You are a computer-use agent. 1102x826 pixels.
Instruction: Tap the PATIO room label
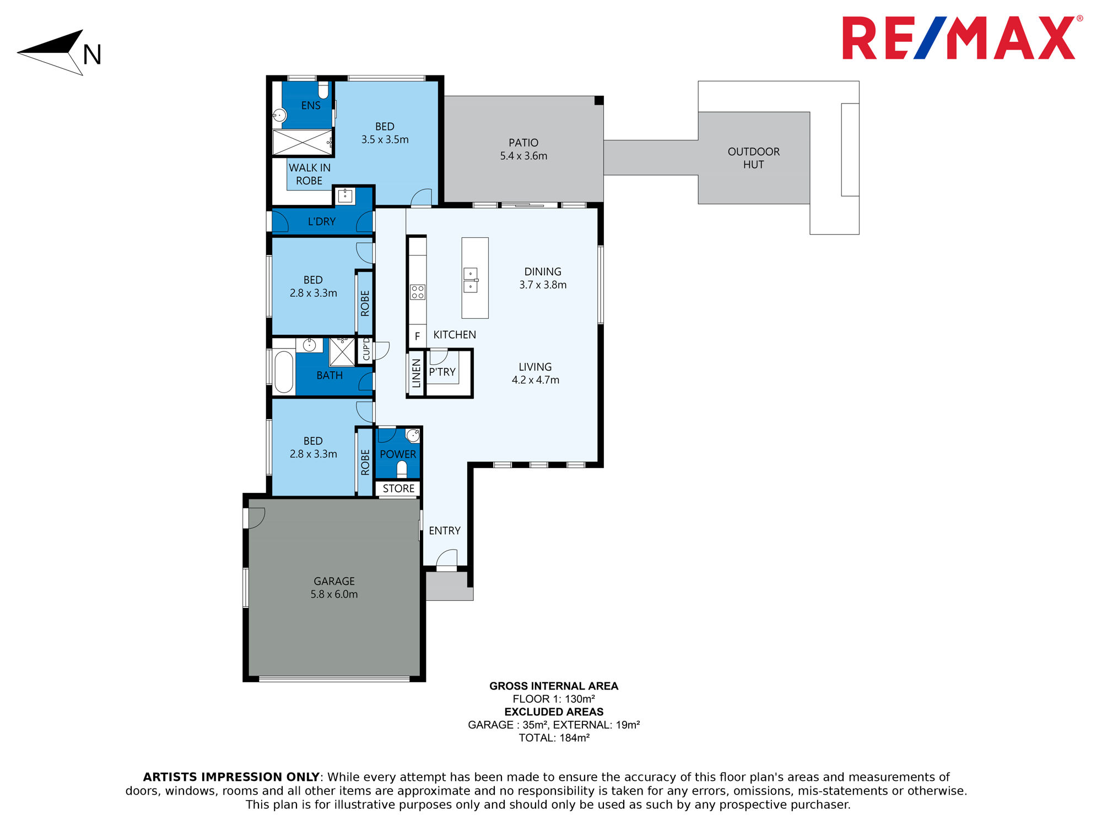pos(523,143)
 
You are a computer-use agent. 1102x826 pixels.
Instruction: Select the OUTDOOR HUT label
pos(754,158)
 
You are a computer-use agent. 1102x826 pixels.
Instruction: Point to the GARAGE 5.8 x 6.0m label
pos(334,588)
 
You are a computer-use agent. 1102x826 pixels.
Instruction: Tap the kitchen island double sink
pos(471,280)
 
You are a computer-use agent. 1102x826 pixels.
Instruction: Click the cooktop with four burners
pos(418,292)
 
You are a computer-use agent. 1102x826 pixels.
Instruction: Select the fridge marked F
pos(417,336)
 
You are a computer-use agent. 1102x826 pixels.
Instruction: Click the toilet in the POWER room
pos(402,469)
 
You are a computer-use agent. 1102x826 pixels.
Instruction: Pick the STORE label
pos(398,488)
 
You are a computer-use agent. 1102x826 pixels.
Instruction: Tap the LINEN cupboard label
pos(417,373)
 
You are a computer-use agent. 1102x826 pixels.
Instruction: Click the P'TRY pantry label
pos(442,372)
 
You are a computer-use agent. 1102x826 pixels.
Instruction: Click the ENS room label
pos(311,105)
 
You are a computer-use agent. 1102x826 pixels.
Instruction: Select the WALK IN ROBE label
pos(310,174)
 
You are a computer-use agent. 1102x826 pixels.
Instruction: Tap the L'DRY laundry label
pos(322,221)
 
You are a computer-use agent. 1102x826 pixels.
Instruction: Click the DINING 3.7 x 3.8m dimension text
pos(543,285)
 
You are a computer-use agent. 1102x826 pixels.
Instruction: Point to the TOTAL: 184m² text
pos(554,738)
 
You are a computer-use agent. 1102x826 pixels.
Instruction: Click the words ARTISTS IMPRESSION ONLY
pos(231,777)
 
